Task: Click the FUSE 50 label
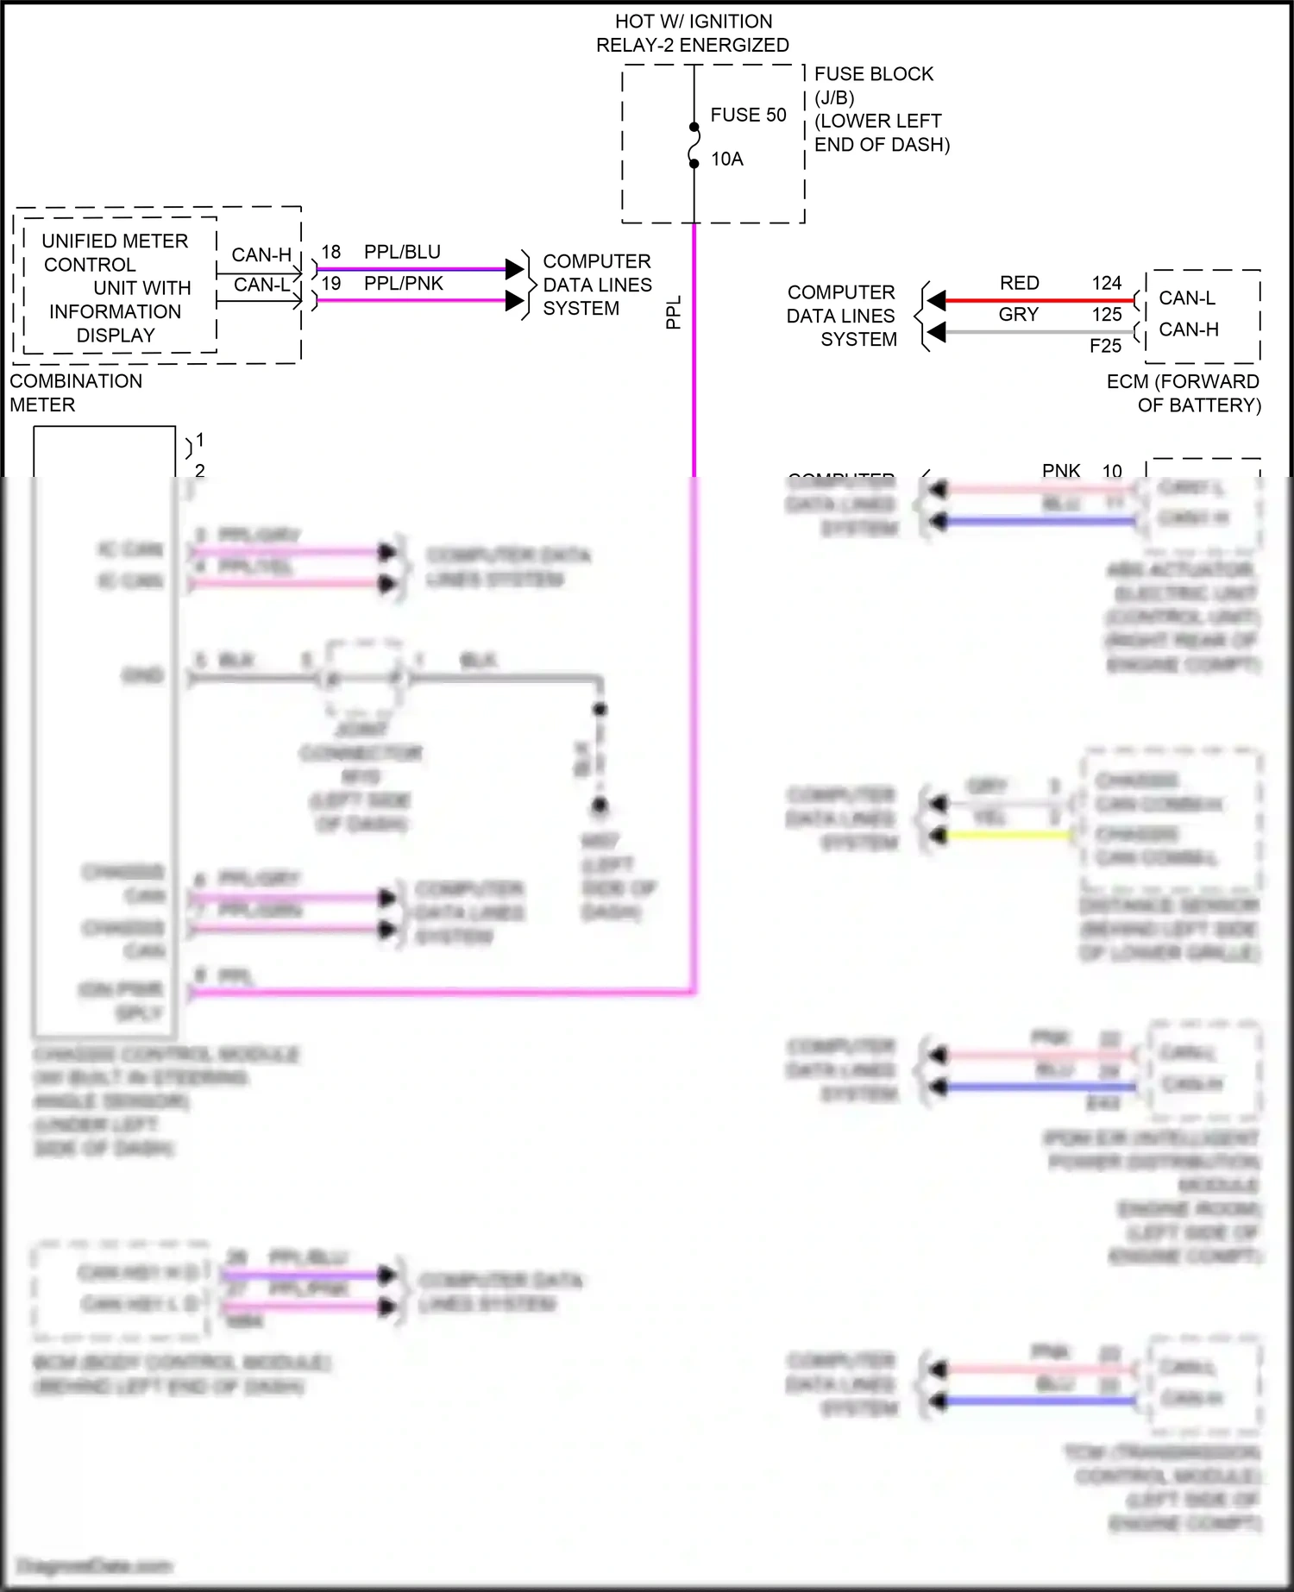tap(748, 116)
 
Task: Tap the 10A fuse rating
tap(727, 160)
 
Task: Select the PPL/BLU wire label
tap(402, 252)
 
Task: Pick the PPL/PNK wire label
tap(404, 283)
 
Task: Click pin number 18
tap(331, 252)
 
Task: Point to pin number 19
tap(331, 283)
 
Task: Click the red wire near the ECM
tap(1035, 300)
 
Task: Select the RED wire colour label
tap(1019, 283)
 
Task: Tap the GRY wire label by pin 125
tap(1018, 315)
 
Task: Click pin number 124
tap(1107, 283)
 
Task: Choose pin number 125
tap(1107, 315)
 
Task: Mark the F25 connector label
tap(1105, 346)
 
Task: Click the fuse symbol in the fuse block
tap(694, 145)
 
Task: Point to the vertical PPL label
tap(674, 312)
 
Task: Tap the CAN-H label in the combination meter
tap(261, 255)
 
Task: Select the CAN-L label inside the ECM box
tap(1187, 298)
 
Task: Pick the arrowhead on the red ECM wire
tap(937, 300)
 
